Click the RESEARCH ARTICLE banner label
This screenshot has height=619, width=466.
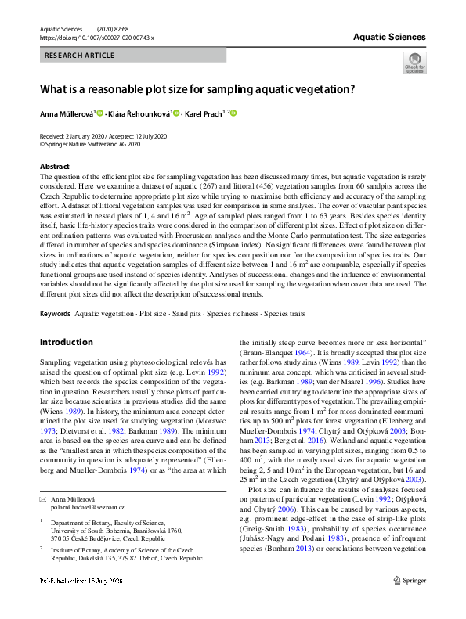[x=80, y=56]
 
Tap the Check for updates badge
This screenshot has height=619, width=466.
[x=414, y=63]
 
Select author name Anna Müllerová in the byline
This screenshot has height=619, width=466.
[x=67, y=114]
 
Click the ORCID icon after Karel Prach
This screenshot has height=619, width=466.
[x=233, y=114]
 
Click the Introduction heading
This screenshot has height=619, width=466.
[x=66, y=343]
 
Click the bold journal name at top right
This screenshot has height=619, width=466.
[x=389, y=37]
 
